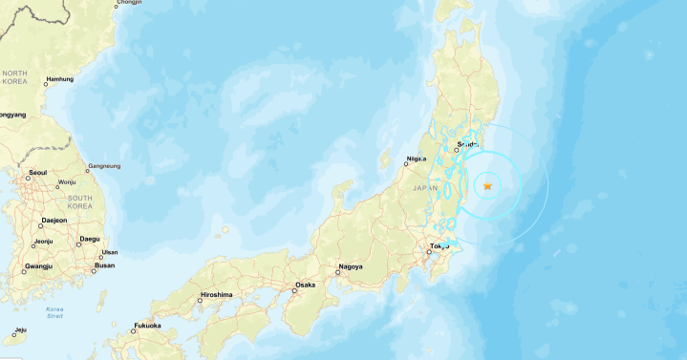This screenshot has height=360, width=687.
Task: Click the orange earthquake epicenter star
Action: pos(487,185)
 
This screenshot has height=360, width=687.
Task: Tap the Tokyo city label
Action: pos(440,246)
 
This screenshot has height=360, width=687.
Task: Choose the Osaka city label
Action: pos(305,285)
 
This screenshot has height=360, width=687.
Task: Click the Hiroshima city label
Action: pos(215,295)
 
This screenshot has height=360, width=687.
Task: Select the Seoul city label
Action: pos(38,173)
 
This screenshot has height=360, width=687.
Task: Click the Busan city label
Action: pos(105,265)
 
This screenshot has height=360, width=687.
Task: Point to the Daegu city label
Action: pos(90,238)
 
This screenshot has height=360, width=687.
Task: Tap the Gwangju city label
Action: pos(39,265)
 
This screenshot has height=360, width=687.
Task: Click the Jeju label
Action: pos(20,330)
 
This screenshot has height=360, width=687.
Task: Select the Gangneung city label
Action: pos(104,166)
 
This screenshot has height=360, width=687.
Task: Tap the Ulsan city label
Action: pos(109,252)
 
